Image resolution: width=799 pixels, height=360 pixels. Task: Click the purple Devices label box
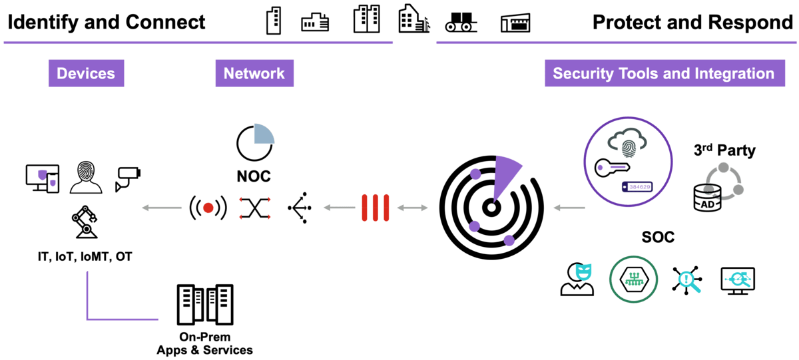tap(86, 74)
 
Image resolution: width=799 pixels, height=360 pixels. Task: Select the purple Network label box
tap(254, 74)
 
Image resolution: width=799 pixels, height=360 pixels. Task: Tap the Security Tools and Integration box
tap(663, 74)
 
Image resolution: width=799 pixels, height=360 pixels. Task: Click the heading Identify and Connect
tap(107, 22)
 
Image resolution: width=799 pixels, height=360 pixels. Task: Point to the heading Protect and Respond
tap(692, 22)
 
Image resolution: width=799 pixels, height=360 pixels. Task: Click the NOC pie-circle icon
tap(255, 141)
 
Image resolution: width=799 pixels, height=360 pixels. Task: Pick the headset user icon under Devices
tap(87, 177)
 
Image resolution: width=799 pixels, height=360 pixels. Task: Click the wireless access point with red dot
tap(208, 208)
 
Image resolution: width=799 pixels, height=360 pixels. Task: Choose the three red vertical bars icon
tap(376, 208)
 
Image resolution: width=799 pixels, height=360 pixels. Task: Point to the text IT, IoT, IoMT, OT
tap(85, 256)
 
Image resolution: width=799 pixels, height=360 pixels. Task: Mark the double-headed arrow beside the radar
tap(413, 208)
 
